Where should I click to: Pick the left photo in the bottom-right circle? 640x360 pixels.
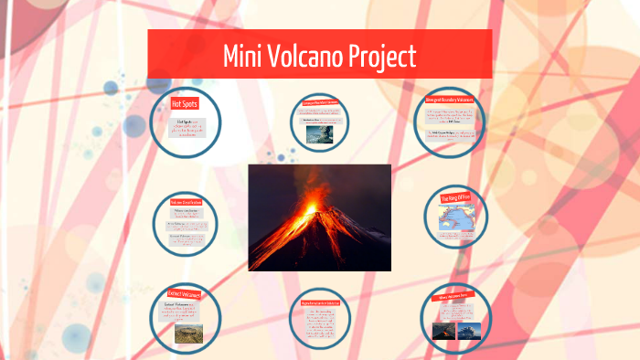(x=443, y=328)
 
